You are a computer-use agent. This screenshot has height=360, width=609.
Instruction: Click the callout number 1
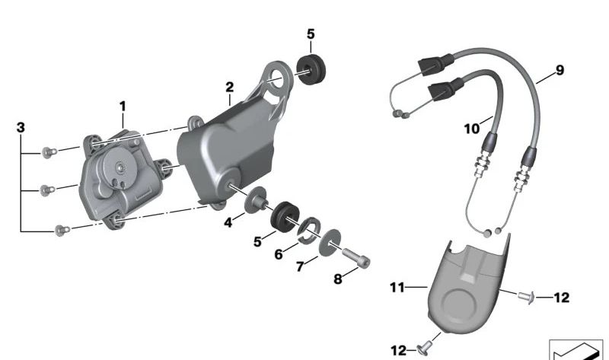[123, 106]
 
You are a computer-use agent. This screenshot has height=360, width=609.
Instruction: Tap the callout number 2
[230, 87]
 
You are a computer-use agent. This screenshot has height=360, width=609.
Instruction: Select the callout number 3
[21, 127]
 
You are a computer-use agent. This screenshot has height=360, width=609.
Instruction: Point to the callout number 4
[228, 222]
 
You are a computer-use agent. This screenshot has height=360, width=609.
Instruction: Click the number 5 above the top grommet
[311, 34]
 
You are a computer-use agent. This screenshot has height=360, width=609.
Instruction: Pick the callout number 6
[279, 254]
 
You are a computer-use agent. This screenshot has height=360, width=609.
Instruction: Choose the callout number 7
[300, 266]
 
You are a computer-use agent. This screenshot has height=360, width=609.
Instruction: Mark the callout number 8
[338, 279]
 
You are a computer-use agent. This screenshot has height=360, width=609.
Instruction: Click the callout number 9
[560, 70]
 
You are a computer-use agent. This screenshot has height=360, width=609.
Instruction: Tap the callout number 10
[472, 129]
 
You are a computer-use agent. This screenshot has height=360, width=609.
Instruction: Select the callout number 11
[397, 288]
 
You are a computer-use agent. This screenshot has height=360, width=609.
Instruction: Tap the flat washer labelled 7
[330, 242]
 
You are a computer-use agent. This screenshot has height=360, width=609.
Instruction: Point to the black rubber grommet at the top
[311, 70]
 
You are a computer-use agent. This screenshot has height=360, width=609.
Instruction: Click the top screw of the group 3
[49, 152]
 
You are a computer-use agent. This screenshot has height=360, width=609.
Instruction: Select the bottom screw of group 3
[62, 230]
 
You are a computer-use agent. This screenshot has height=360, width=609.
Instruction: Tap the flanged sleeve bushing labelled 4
[256, 200]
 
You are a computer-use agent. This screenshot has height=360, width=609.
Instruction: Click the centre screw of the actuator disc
[121, 167]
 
